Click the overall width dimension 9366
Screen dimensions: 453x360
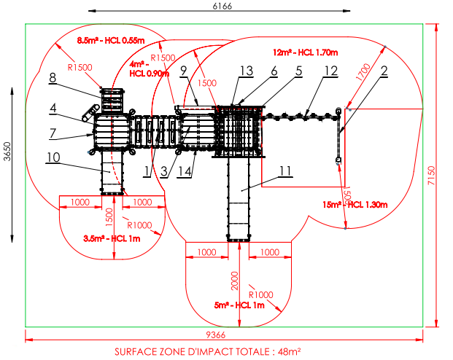pyautogui.click(x=215, y=335)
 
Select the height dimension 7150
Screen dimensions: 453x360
pyautogui.click(x=431, y=176)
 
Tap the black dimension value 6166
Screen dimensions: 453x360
pyautogui.click(x=222, y=6)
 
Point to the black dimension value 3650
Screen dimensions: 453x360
pyautogui.click(x=7, y=152)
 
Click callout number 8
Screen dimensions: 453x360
pyautogui.click(x=53, y=78)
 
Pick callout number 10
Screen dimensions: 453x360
pyautogui.click(x=53, y=157)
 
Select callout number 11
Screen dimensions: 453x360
pyautogui.click(x=285, y=171)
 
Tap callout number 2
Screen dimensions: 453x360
pyautogui.click(x=384, y=71)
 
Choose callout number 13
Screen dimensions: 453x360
pyautogui.click(x=247, y=71)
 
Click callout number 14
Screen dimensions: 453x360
pyautogui.click(x=185, y=171)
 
